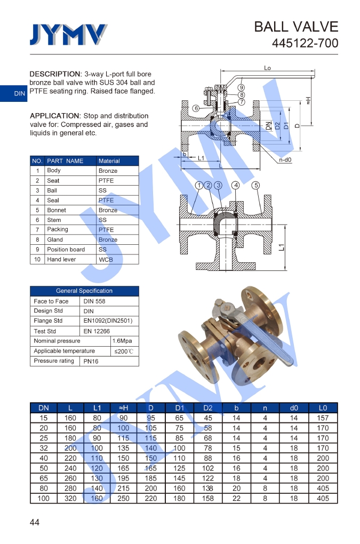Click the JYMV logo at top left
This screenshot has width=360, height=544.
click(68, 34)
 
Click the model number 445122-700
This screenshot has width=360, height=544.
click(305, 43)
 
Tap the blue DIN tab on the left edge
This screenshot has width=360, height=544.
click(13, 93)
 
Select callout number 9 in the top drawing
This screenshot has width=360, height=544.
click(242, 87)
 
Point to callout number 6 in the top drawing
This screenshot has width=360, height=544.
click(196, 108)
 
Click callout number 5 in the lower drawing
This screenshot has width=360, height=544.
click(256, 185)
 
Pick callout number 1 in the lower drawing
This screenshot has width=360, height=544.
click(199, 185)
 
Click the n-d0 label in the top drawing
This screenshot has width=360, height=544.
click(285, 160)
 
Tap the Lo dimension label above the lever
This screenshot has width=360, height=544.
click(267, 68)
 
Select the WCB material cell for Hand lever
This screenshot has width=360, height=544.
click(106, 260)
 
